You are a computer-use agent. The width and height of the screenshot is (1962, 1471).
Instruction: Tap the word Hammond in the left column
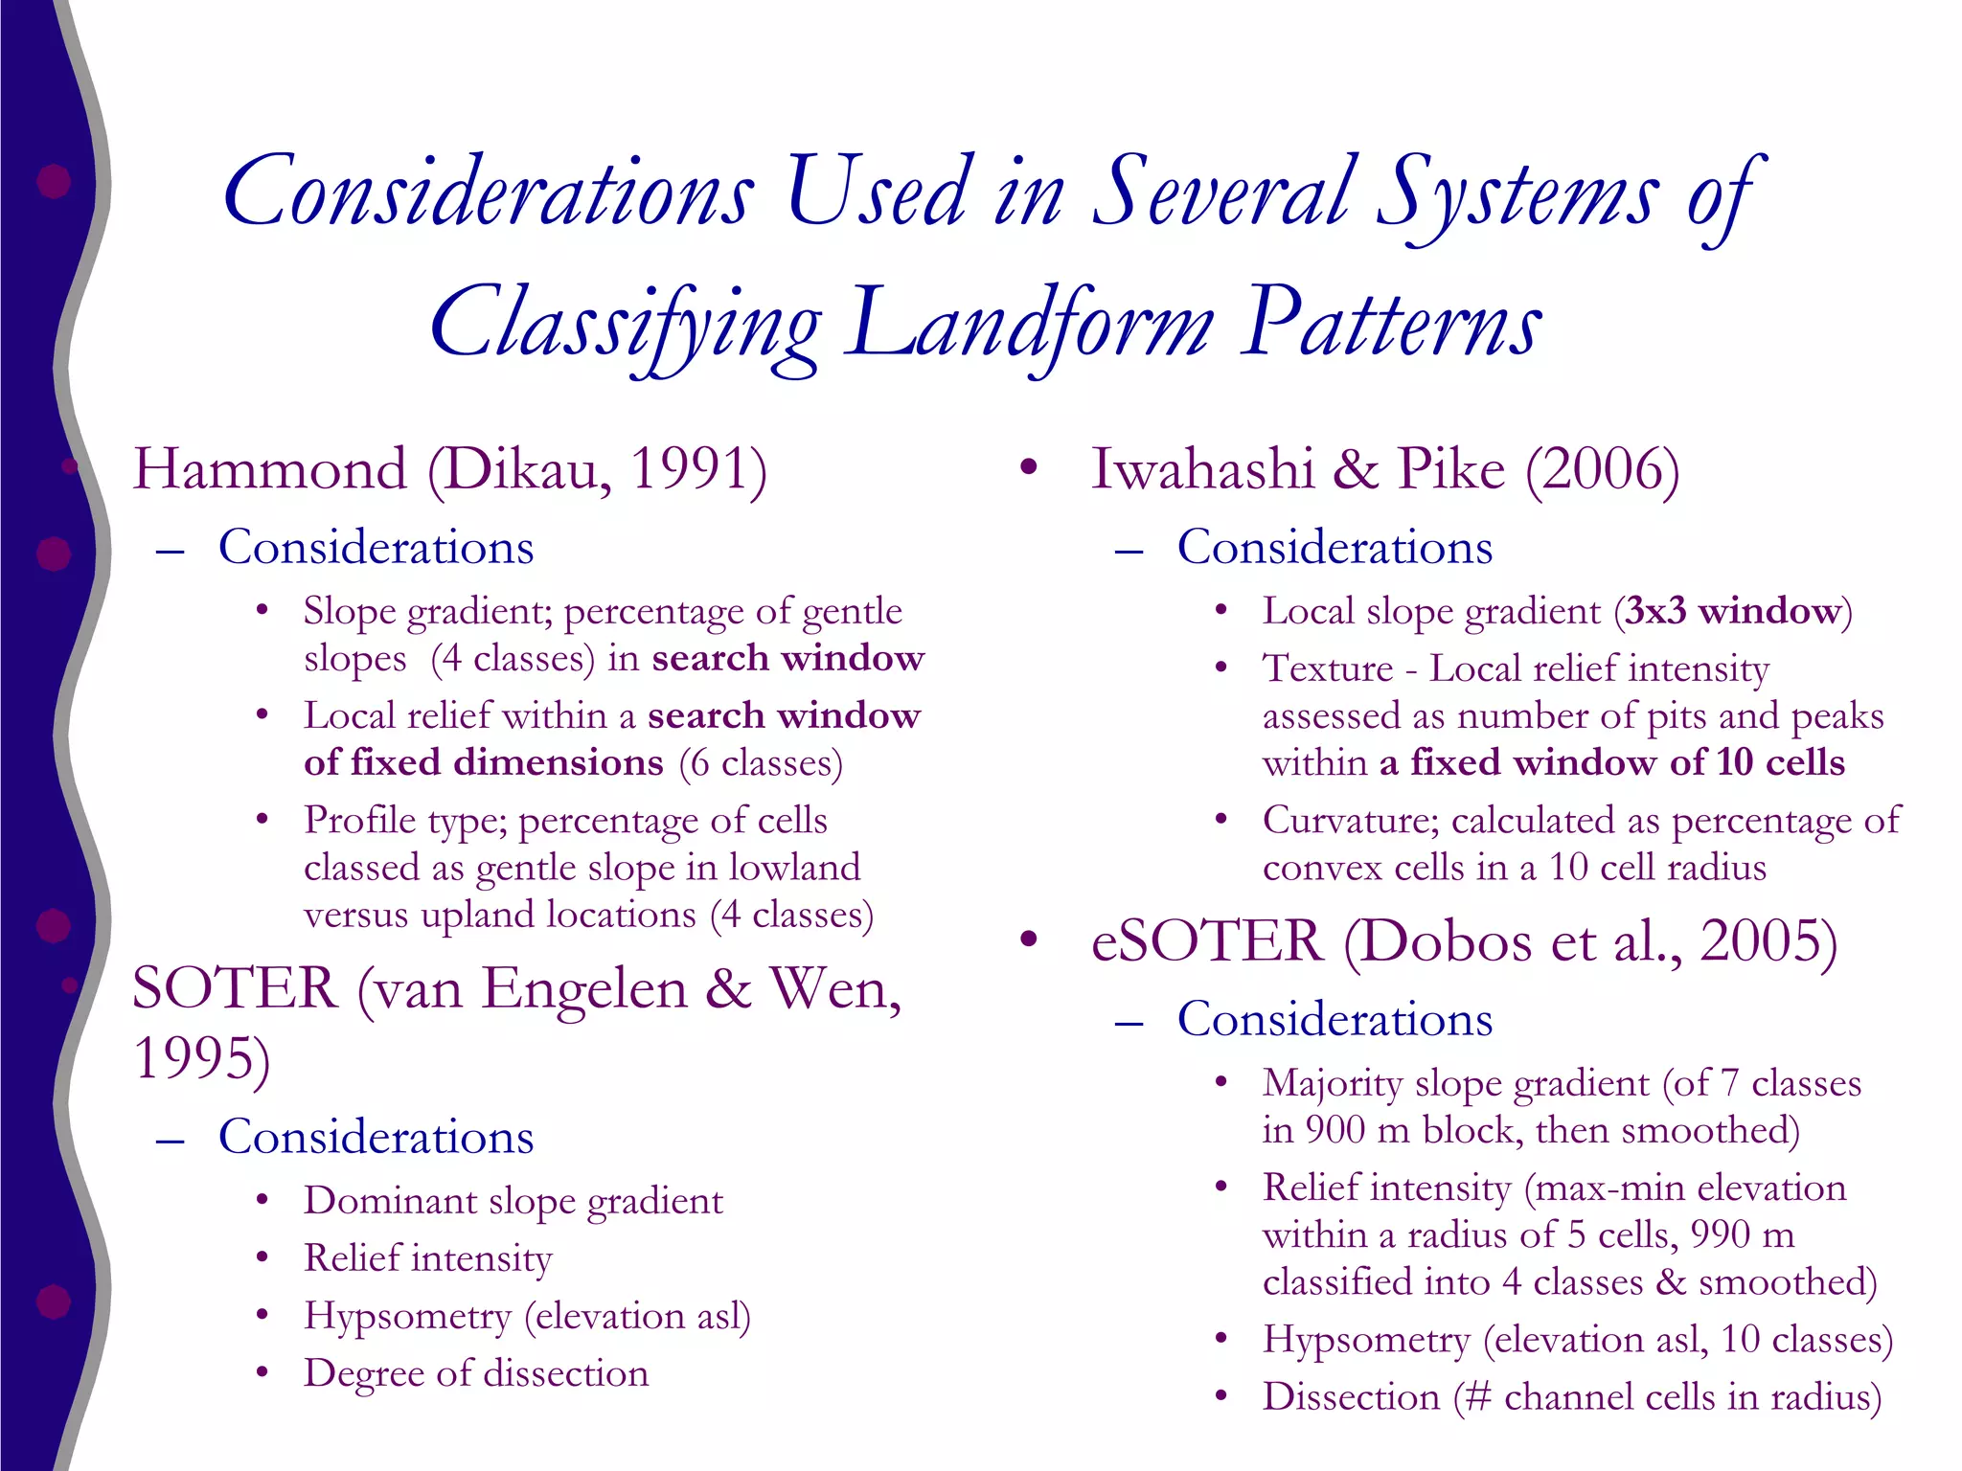tap(269, 469)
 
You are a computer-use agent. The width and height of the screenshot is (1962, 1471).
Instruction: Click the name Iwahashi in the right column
tap(1202, 469)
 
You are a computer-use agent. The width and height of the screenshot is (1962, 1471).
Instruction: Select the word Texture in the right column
tap(1327, 668)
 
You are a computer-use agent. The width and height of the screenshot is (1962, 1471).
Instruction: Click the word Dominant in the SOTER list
tap(390, 1201)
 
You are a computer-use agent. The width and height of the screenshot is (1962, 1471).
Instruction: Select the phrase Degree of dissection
tap(476, 1373)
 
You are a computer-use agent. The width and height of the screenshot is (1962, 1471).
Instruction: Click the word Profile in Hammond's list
tap(358, 821)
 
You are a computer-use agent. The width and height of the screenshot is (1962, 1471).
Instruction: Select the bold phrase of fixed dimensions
tap(483, 762)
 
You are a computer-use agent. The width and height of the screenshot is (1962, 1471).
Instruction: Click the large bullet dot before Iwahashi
tap(1029, 467)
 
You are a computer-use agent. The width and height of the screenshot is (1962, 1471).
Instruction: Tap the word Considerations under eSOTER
tap(1335, 1019)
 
